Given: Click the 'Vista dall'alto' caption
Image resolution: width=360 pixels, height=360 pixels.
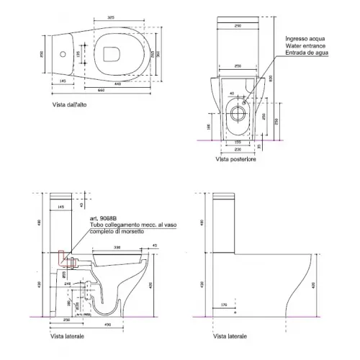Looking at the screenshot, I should (x=71, y=105).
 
